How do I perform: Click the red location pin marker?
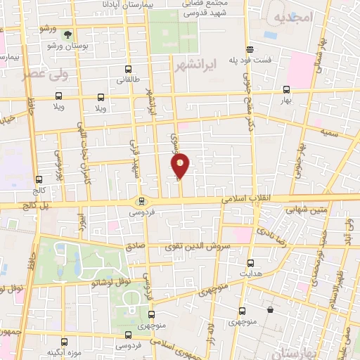[x=181, y=165]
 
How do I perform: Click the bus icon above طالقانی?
[x=128, y=70]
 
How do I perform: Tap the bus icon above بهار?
[x=285, y=89]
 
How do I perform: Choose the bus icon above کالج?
[x=39, y=179]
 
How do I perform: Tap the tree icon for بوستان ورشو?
[x=68, y=34]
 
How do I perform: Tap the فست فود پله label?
[x=249, y=60]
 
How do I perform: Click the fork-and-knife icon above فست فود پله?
[x=249, y=49]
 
